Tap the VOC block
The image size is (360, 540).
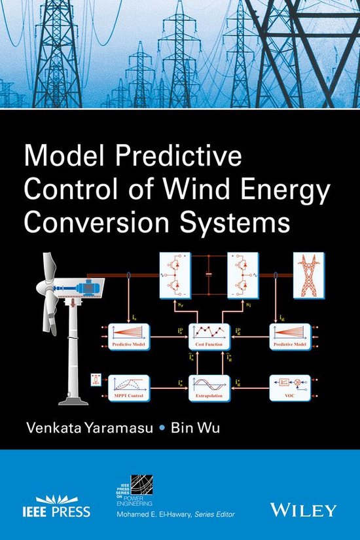coord(290,387)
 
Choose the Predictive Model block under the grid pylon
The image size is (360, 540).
coord(290,334)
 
